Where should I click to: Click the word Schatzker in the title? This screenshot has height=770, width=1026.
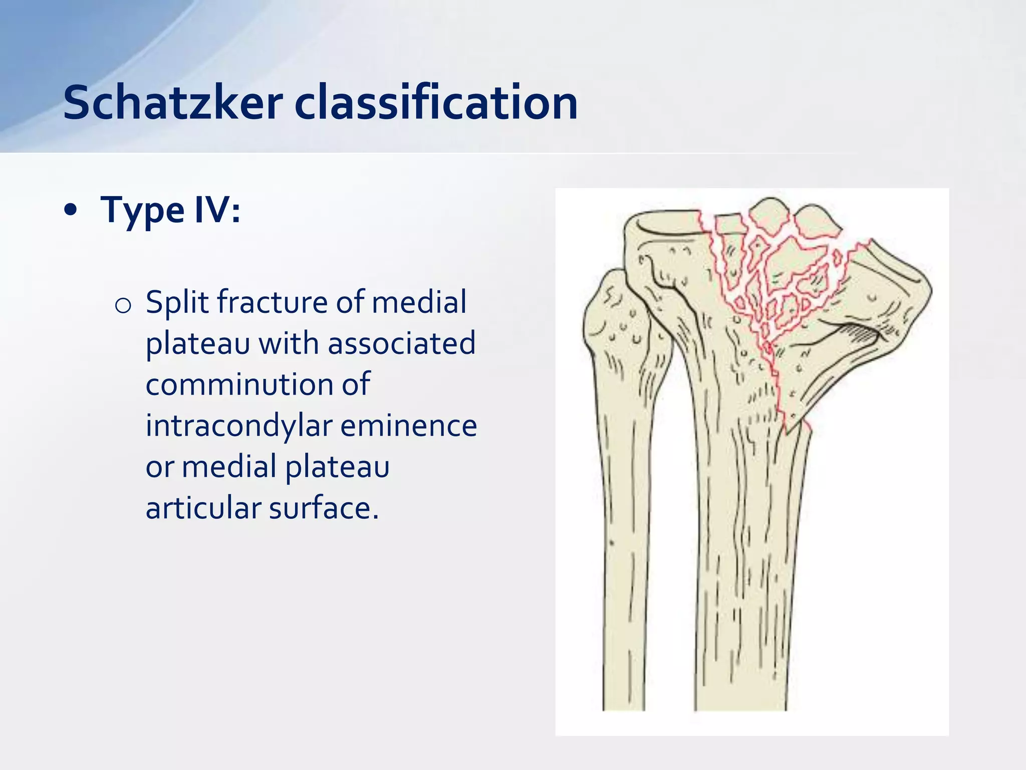tap(173, 103)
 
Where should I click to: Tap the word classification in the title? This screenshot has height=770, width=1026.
tap(436, 103)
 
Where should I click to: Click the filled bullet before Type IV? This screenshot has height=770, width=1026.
tap(71, 211)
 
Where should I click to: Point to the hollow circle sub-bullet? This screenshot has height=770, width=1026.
tap(123, 305)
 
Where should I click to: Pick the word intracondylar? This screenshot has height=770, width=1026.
tap(239, 426)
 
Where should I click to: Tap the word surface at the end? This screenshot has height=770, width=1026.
tap(324, 508)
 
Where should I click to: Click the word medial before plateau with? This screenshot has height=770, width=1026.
tap(419, 303)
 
